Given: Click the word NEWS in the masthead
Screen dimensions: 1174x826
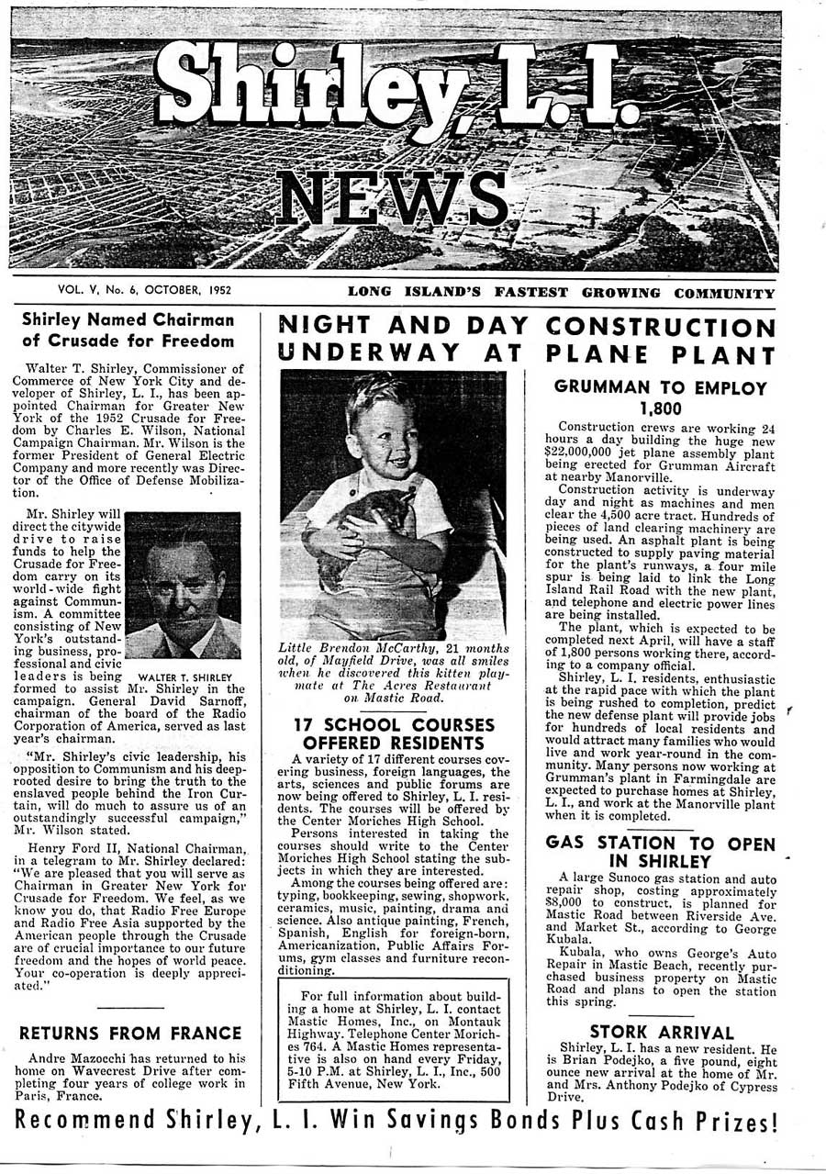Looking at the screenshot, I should [x=392, y=199].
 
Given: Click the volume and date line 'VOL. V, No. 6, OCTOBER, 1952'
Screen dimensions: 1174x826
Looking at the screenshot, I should [x=144, y=290].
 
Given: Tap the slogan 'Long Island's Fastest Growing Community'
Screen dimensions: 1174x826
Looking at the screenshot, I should [x=561, y=293].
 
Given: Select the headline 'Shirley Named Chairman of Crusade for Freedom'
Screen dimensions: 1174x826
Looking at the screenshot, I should [x=128, y=330].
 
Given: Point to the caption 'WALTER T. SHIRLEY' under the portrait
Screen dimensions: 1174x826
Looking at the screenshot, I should [x=184, y=678].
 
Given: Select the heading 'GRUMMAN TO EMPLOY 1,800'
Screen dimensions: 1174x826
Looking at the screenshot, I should [x=660, y=397].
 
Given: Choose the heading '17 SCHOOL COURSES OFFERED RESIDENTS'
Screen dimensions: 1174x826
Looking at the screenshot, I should [x=393, y=733].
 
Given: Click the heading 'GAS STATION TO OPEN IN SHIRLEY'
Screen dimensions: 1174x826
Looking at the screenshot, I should [x=660, y=852].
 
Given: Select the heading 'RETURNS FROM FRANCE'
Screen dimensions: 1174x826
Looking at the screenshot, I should [x=130, y=1034].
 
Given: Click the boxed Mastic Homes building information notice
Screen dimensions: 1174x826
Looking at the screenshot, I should [x=393, y=1039].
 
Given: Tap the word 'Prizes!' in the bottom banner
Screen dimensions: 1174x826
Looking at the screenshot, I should [x=731, y=1122].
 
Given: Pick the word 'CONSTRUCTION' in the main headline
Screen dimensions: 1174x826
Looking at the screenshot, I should [x=661, y=327].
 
